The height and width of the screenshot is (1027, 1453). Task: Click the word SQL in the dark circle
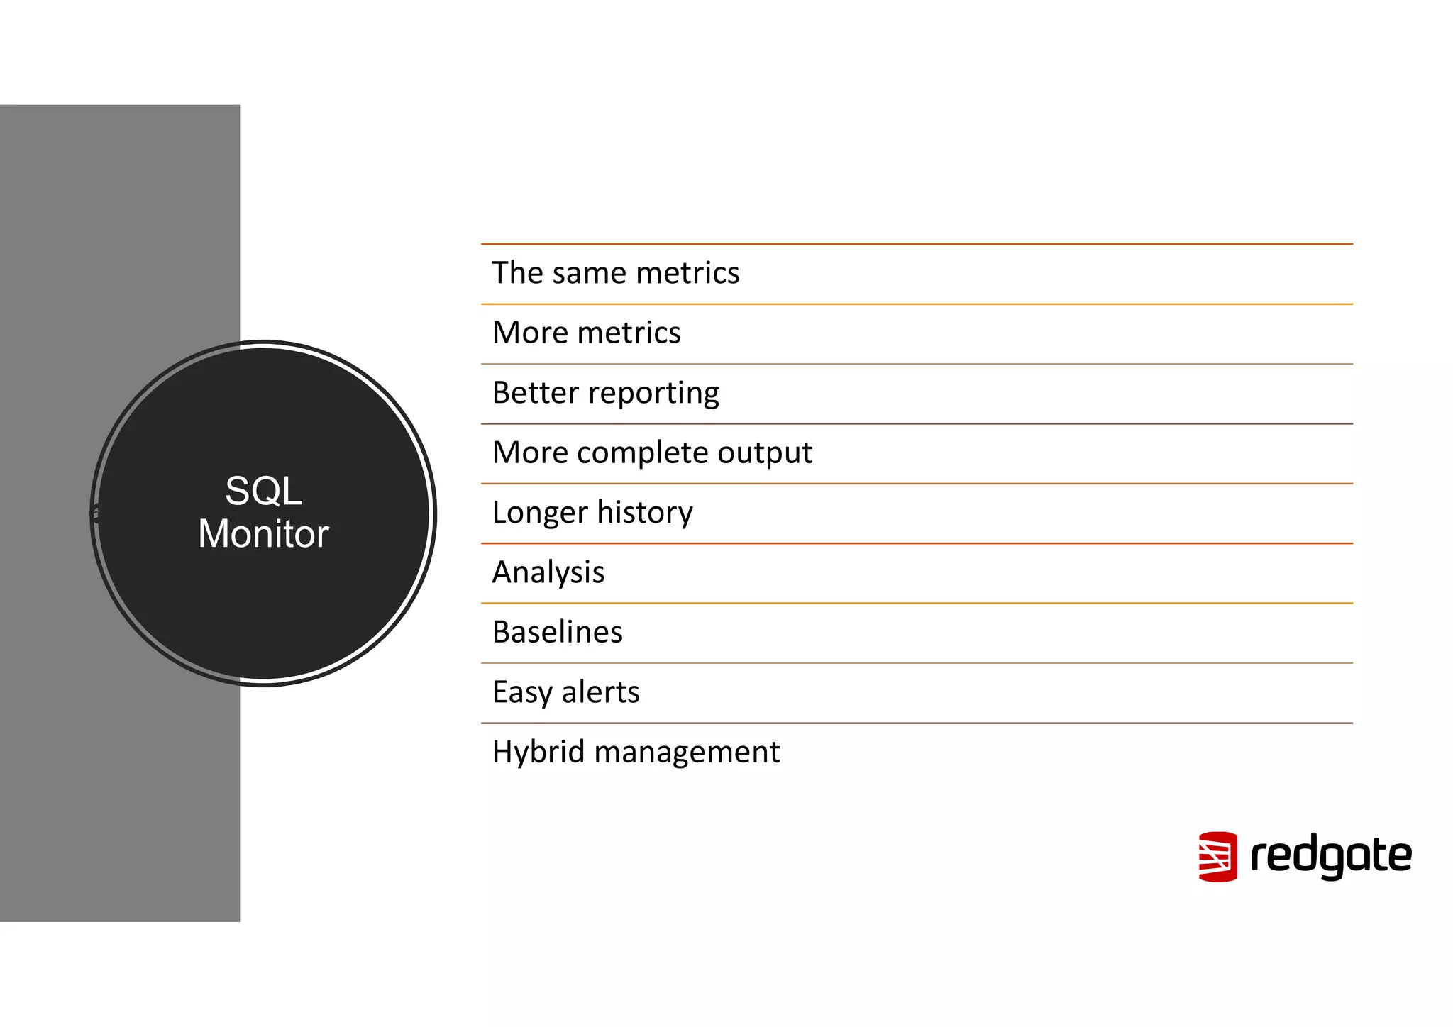(x=263, y=491)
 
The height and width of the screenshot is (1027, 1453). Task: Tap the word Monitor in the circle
(x=263, y=534)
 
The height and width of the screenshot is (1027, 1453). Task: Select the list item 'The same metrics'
(x=615, y=273)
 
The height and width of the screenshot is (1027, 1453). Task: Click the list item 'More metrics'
(x=586, y=333)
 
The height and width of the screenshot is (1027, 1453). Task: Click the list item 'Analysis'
(x=548, y=572)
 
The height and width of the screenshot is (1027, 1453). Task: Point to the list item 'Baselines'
(x=557, y=632)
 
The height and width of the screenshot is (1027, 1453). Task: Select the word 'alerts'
(x=600, y=692)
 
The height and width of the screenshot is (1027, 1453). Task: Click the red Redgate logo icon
(x=1217, y=857)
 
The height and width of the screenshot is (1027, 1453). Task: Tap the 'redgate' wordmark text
(x=1330, y=857)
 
